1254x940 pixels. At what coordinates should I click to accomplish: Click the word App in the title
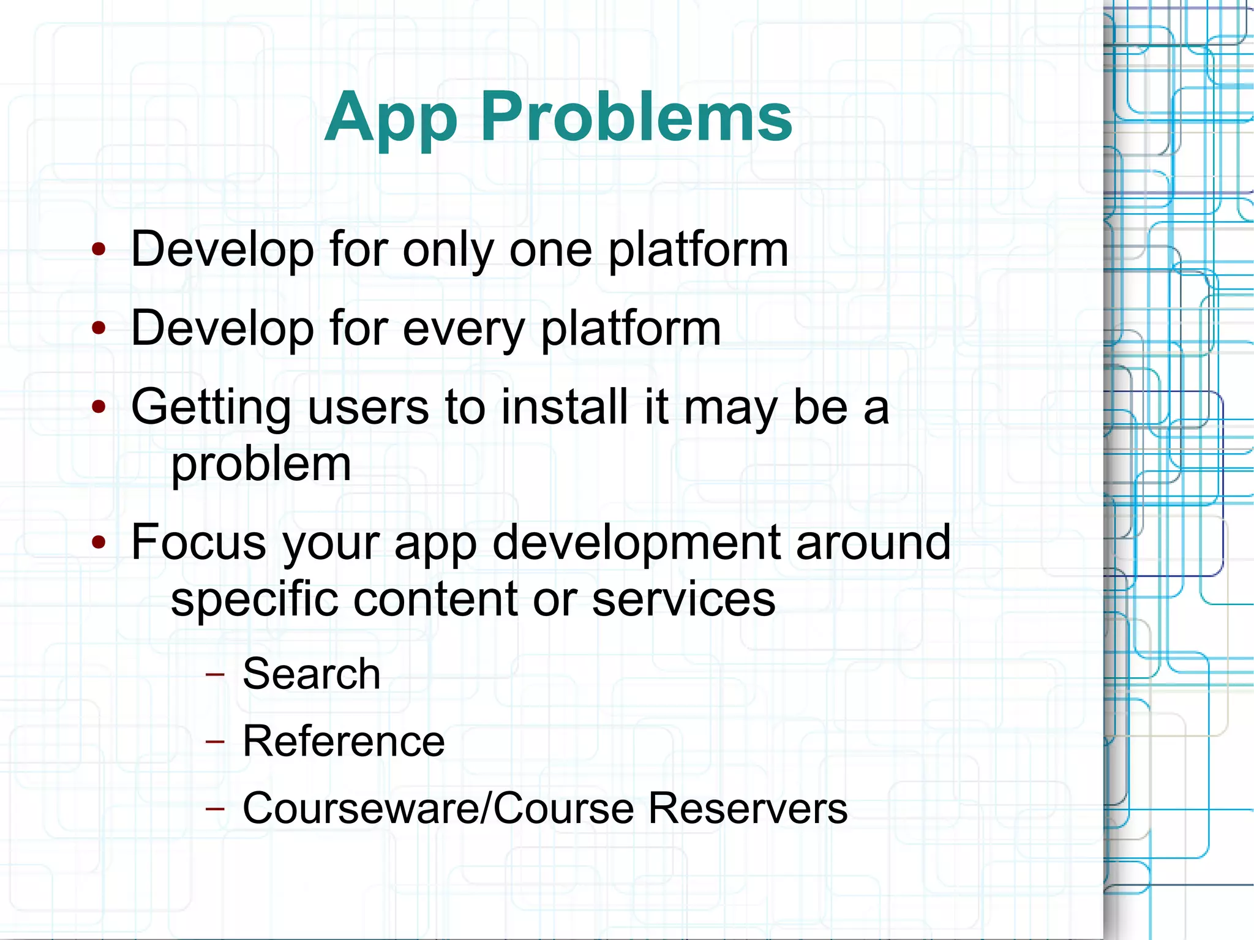(390, 118)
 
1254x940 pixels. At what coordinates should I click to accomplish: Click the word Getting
(211, 408)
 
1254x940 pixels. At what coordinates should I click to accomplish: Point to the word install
(564, 407)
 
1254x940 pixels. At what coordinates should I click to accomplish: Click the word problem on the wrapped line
(261, 464)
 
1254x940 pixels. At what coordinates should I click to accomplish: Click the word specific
(254, 599)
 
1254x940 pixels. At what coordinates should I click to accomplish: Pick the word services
(683, 599)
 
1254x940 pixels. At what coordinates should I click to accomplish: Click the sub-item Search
(311, 674)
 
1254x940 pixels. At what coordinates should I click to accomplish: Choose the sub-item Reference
(344, 741)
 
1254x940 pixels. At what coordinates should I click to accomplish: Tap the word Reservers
(747, 808)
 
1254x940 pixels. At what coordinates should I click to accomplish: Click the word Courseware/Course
(438, 808)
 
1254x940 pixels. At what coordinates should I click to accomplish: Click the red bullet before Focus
(99, 542)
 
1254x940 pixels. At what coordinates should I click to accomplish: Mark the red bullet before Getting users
(99, 407)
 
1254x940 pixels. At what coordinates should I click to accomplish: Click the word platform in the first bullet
(697, 250)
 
